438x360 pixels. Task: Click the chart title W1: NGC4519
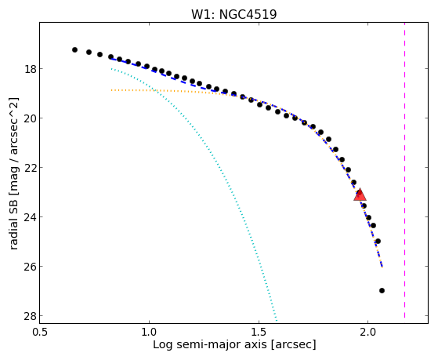(x=233, y=14)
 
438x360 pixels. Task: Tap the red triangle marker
(x=360, y=195)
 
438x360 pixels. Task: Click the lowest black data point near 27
(x=382, y=291)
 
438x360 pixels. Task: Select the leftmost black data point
(x=74, y=49)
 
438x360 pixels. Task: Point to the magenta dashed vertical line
(x=404, y=170)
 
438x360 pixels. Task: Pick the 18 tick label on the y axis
(x=31, y=69)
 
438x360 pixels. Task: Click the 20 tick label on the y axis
(x=31, y=118)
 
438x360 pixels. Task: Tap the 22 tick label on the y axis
(x=31, y=168)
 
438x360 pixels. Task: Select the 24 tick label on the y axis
(x=31, y=216)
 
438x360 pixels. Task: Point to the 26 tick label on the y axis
(x=31, y=267)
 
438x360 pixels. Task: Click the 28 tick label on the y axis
(x=31, y=316)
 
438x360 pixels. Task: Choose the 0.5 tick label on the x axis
(x=40, y=332)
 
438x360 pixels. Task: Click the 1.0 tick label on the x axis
(x=149, y=332)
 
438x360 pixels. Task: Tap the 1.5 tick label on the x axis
(x=259, y=332)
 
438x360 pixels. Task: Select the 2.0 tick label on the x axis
(x=368, y=332)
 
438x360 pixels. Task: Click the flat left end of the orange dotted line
(x=111, y=90)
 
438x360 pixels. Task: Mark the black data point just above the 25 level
(x=378, y=241)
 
